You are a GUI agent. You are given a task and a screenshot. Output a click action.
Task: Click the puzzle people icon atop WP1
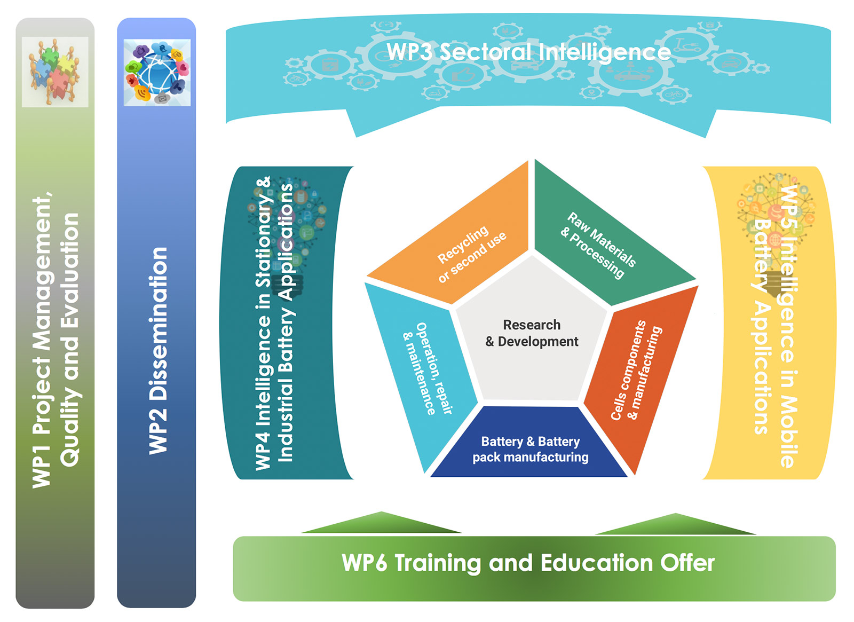[x=55, y=72]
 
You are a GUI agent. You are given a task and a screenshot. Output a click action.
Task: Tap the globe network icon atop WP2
[x=157, y=73]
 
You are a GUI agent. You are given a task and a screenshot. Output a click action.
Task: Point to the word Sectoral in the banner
[x=485, y=52]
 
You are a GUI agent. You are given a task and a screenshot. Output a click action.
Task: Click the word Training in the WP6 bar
[x=438, y=564]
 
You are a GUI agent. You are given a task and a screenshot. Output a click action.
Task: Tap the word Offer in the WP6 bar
[x=688, y=563]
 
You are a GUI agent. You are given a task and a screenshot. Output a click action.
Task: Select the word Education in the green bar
[x=597, y=563]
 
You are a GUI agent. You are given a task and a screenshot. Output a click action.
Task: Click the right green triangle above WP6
[x=675, y=524]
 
